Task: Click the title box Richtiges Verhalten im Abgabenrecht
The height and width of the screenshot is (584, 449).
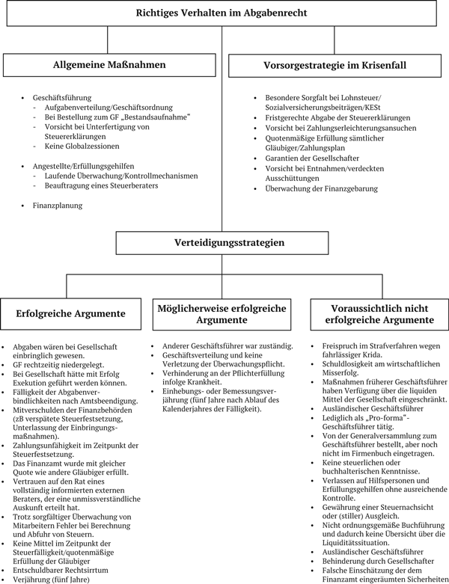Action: click(222, 13)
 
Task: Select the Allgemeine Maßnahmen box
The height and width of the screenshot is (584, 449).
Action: click(109, 65)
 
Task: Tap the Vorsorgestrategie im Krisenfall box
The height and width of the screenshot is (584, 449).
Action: click(337, 65)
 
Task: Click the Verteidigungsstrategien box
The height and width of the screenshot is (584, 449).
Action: click(222, 242)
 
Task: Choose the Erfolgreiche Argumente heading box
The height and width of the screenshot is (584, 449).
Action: click(73, 313)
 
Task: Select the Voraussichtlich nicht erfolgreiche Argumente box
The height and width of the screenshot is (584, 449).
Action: click(373, 313)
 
